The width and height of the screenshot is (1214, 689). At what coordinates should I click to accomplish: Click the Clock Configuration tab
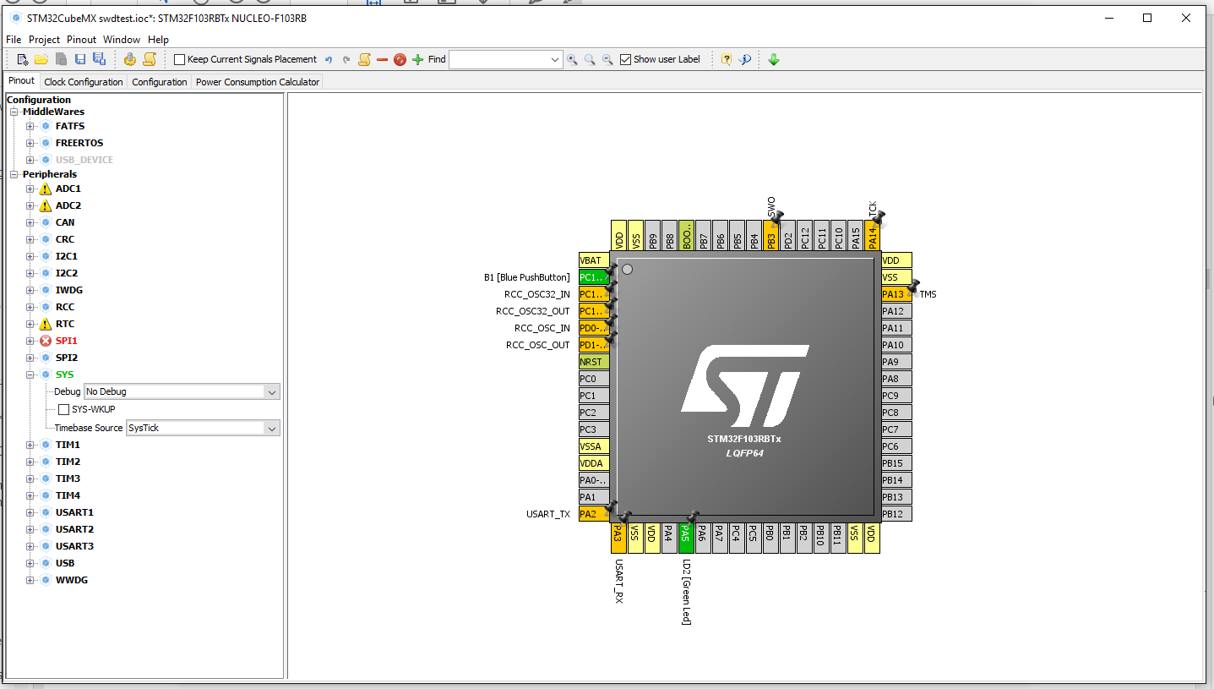pyautogui.click(x=83, y=82)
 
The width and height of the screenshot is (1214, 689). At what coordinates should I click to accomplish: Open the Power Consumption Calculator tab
pyautogui.click(x=257, y=82)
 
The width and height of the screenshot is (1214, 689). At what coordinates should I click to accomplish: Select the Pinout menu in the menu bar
pyautogui.click(x=82, y=40)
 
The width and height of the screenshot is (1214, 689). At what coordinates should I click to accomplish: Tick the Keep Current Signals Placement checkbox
pyautogui.click(x=179, y=59)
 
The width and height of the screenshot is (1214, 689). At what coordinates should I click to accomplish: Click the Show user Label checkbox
pyautogui.click(x=625, y=59)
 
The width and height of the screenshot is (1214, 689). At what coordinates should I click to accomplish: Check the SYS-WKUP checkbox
pyautogui.click(x=63, y=409)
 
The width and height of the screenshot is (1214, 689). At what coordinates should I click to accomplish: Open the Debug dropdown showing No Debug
pyautogui.click(x=182, y=392)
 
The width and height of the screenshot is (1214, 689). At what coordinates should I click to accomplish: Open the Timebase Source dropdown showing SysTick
pyautogui.click(x=203, y=429)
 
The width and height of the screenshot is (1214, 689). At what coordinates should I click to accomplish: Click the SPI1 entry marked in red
pyautogui.click(x=67, y=341)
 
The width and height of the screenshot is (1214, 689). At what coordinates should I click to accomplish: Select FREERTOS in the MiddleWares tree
pyautogui.click(x=79, y=143)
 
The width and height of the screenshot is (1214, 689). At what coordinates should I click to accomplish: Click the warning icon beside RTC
pyautogui.click(x=46, y=324)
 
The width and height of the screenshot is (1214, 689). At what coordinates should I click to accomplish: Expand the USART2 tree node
pyautogui.click(x=30, y=529)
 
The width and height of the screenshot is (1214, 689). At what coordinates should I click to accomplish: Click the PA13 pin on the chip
pyautogui.click(x=894, y=294)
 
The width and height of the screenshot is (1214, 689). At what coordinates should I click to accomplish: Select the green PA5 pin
pyautogui.click(x=686, y=533)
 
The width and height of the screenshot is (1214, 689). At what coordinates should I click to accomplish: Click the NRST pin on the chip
pyautogui.click(x=592, y=362)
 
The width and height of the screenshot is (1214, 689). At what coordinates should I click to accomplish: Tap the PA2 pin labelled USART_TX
pyautogui.click(x=590, y=514)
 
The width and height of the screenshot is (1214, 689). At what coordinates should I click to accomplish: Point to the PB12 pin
pyautogui.click(x=894, y=514)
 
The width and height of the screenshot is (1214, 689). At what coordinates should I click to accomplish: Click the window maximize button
pyautogui.click(x=1147, y=18)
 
